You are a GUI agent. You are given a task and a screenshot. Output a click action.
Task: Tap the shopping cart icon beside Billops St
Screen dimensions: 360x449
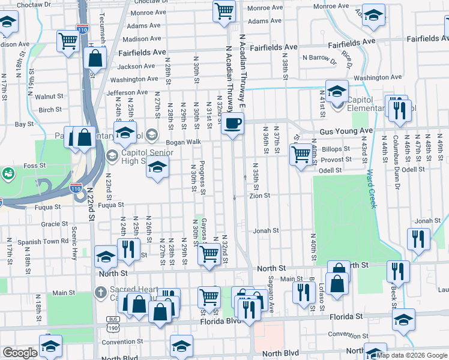click(300, 154)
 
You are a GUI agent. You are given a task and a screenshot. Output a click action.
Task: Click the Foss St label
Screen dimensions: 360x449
click(34, 165)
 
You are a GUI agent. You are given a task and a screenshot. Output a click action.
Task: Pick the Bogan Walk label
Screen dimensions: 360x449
click(184, 142)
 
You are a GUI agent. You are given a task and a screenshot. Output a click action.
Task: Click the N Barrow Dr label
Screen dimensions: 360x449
click(320, 58)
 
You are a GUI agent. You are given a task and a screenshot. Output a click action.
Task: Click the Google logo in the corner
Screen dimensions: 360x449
click(20, 353)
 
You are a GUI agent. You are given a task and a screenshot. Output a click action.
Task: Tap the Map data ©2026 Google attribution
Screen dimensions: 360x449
click(411, 355)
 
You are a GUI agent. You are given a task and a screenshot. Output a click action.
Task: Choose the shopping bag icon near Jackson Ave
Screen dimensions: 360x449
click(96, 59)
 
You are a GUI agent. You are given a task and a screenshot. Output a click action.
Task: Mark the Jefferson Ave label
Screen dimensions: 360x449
click(127, 93)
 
